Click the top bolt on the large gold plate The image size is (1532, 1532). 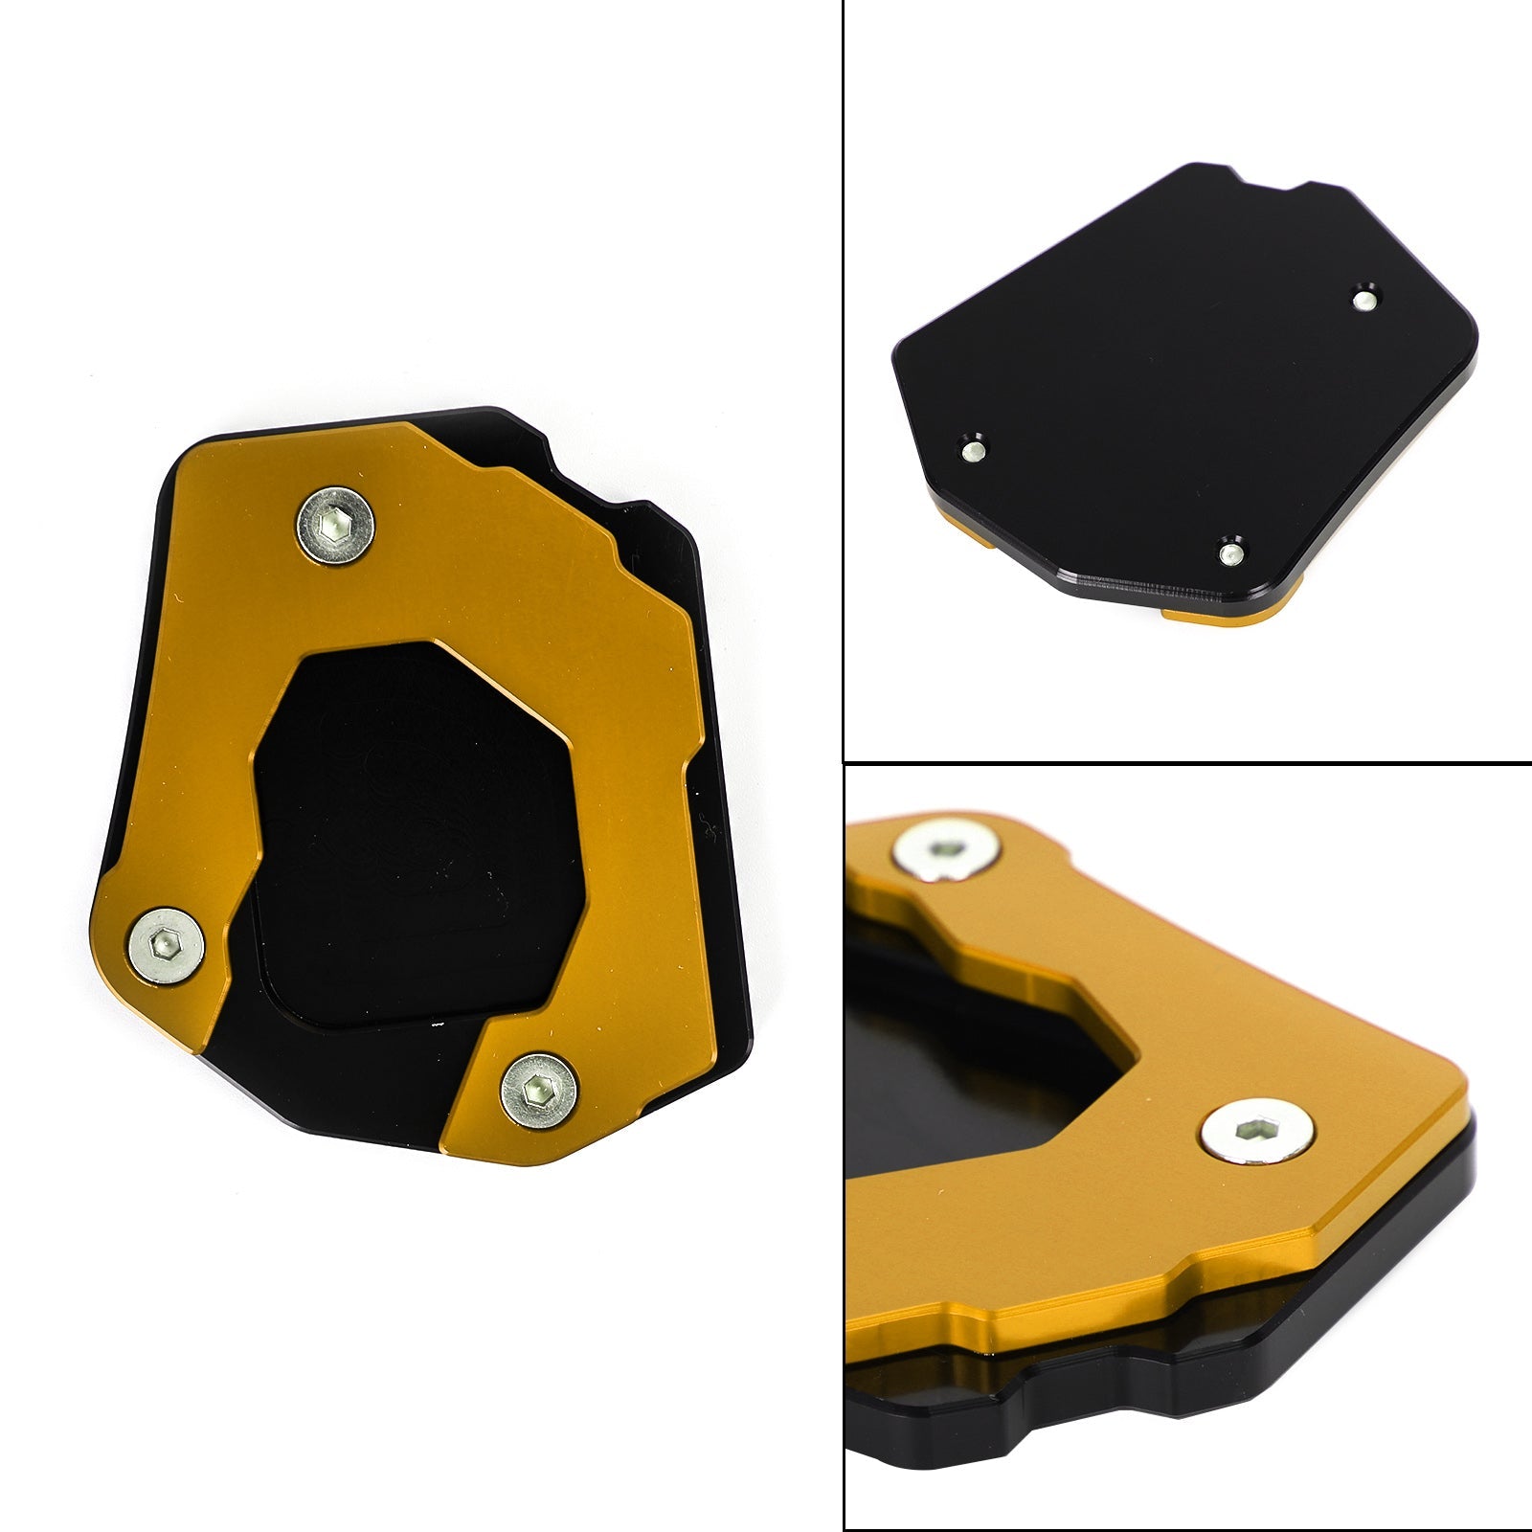coord(334,526)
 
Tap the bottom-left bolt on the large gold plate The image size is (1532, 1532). coord(166,945)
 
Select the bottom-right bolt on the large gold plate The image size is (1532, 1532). coord(539,1091)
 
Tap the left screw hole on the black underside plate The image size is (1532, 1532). coord(974,449)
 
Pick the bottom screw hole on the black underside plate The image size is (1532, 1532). coord(1231,552)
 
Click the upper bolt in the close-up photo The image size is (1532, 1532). coord(946,847)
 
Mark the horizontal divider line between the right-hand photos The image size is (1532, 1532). coord(1187,763)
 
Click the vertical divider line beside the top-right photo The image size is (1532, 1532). coord(843,383)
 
